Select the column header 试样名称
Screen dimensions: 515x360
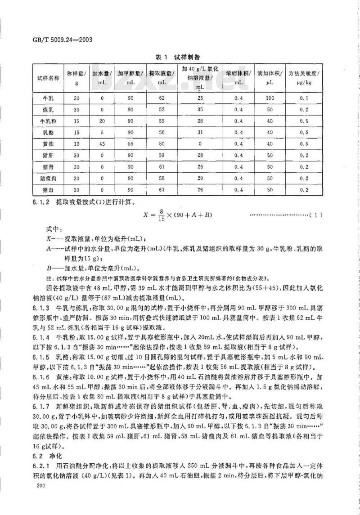48,78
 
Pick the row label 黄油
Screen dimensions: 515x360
48,144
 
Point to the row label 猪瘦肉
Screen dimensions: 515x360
48,178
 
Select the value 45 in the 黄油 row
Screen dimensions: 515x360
102,144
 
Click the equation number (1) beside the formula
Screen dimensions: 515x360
317,215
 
